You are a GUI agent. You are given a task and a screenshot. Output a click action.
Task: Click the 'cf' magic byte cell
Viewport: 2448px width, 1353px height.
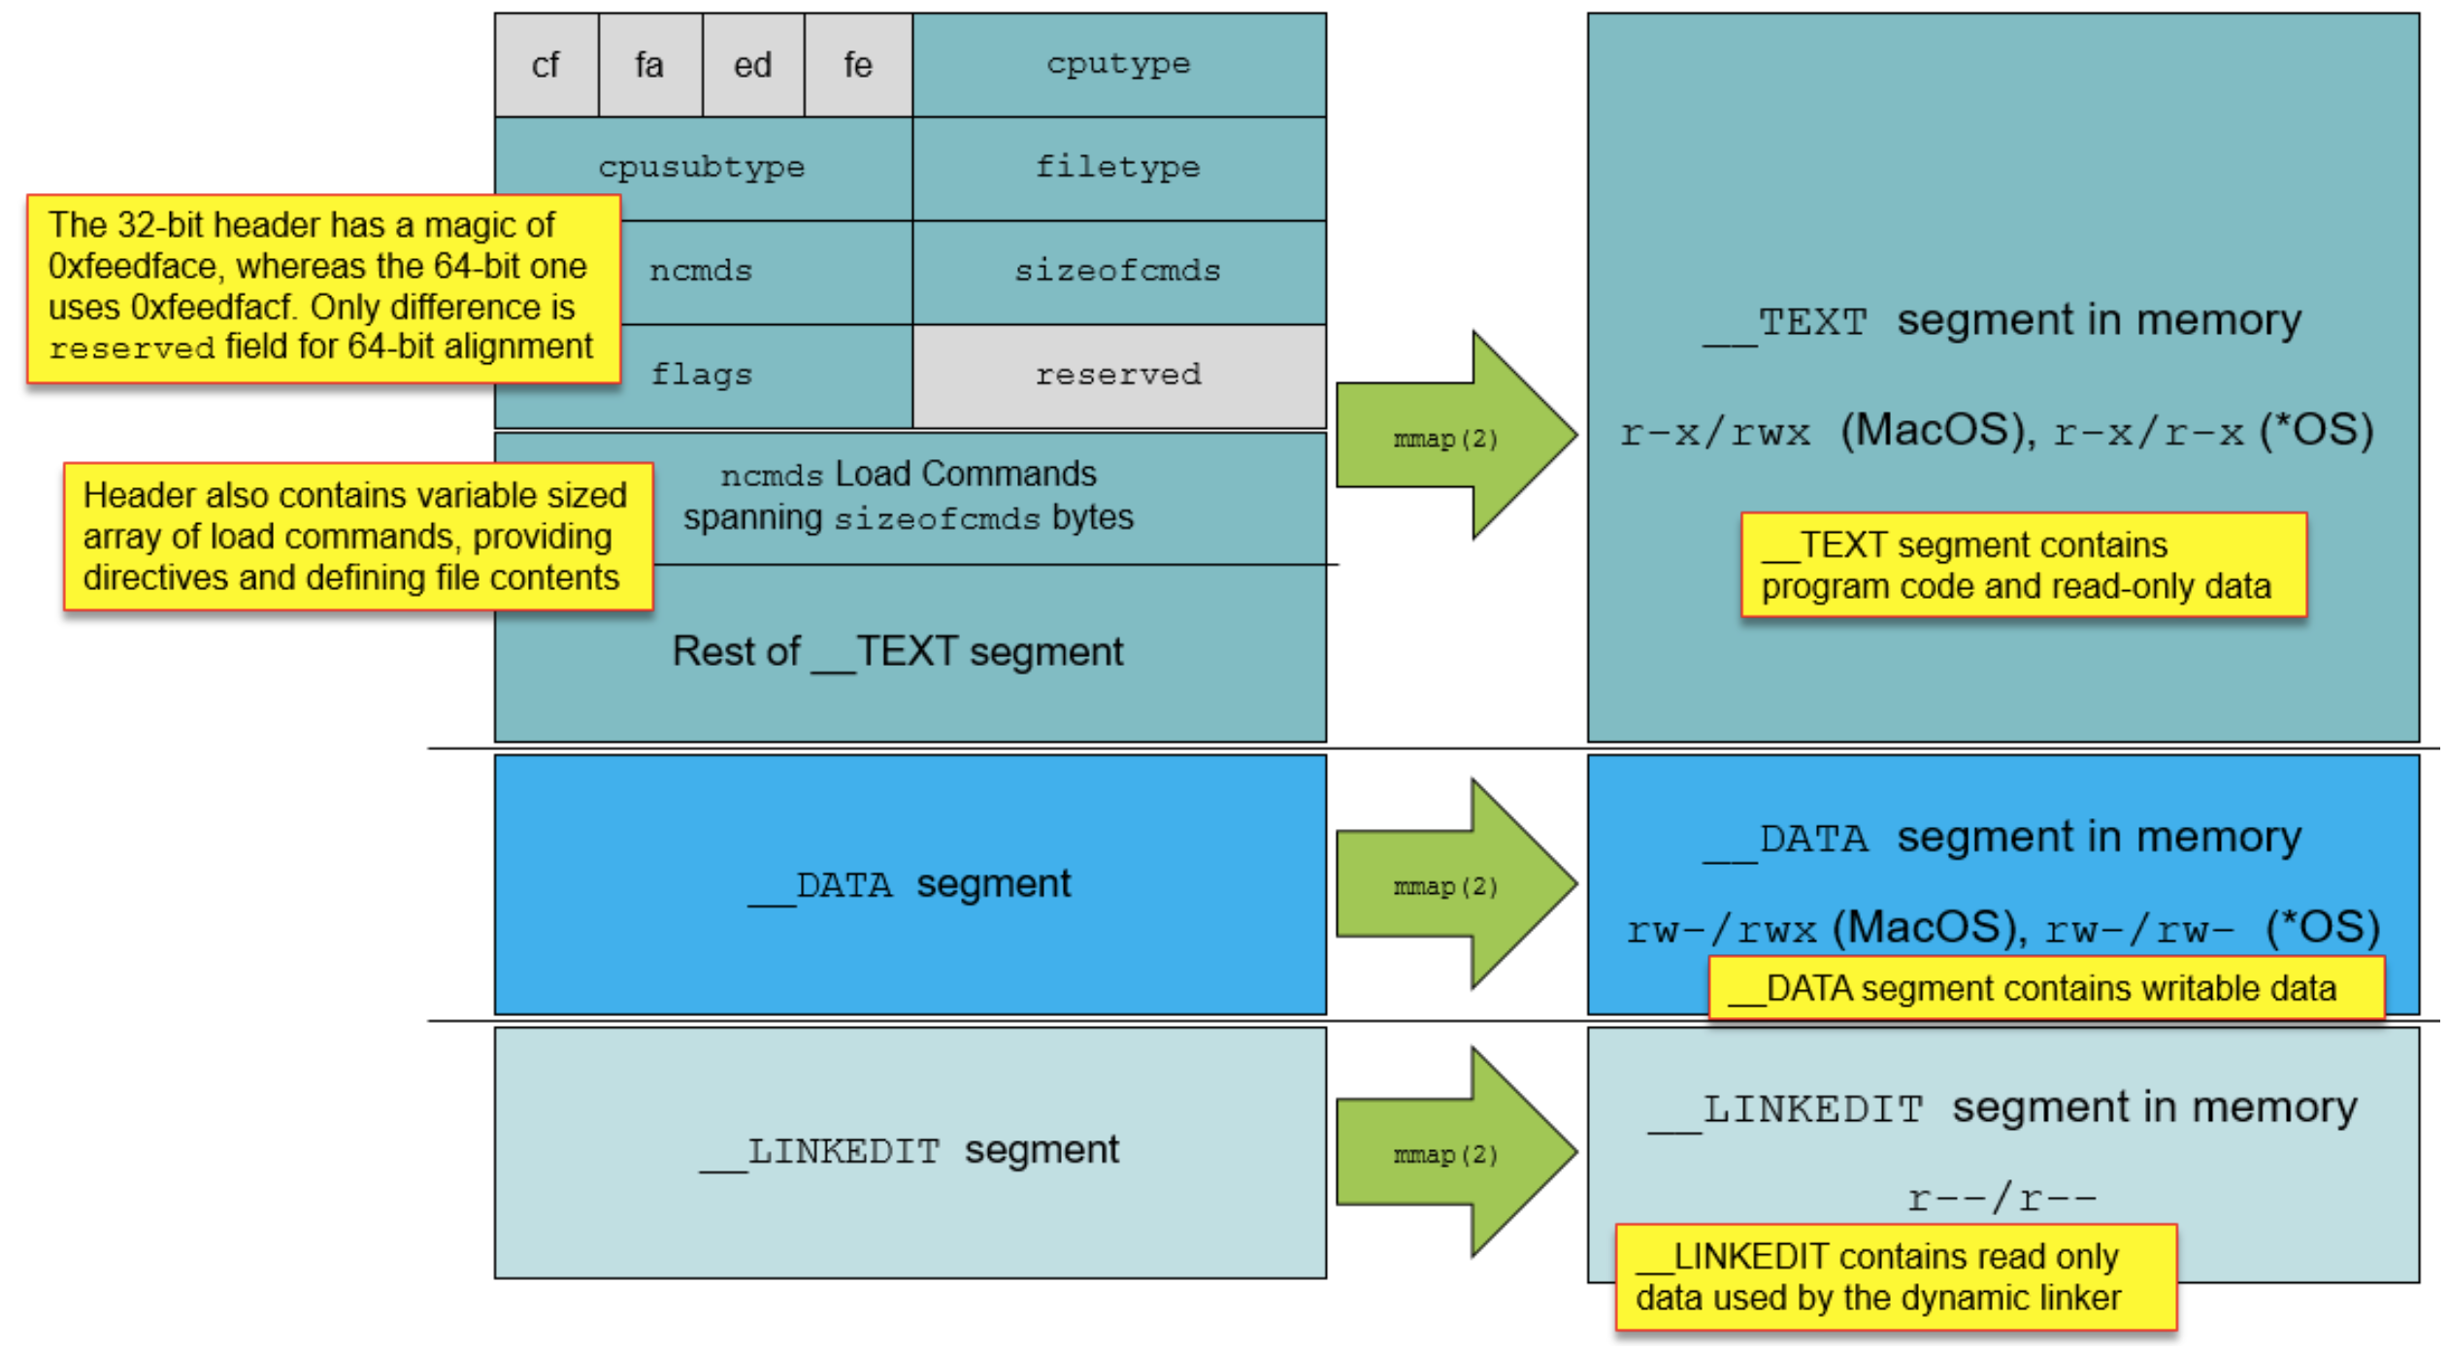(546, 65)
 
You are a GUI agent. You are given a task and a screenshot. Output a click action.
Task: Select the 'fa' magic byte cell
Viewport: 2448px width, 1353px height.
(649, 65)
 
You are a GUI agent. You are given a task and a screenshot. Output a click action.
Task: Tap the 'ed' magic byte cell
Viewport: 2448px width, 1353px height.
(752, 65)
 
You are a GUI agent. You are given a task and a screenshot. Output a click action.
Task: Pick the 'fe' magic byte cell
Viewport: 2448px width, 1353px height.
(857, 65)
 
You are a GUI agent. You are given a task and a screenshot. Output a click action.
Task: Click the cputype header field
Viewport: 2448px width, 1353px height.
(1118, 64)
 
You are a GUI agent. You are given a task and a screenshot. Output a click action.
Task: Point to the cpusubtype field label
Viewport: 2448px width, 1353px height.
(702, 167)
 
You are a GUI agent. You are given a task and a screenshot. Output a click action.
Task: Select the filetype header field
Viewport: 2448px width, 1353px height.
(1118, 167)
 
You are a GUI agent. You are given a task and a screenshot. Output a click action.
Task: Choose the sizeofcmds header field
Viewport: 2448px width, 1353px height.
(1118, 271)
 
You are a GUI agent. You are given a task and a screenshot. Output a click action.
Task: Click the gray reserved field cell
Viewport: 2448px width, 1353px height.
(1118, 375)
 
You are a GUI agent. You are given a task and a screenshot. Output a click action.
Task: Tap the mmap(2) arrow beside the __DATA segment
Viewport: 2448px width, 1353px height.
(1446, 885)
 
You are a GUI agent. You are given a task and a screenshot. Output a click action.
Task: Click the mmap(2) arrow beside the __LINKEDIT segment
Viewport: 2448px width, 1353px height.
(1446, 1153)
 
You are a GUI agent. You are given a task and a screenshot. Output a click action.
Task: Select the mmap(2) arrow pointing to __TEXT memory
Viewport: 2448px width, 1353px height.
(1446, 438)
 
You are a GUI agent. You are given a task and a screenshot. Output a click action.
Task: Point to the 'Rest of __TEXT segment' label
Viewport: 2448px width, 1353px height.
(898, 651)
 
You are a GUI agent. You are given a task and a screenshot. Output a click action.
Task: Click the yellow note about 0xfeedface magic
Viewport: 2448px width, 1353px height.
(322, 287)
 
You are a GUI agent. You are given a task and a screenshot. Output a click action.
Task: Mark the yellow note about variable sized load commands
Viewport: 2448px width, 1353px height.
(356, 536)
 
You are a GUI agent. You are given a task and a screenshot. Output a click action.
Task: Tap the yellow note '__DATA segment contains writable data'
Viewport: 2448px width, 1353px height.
(2045, 988)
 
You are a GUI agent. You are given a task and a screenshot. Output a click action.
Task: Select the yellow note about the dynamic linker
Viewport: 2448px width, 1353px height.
(1895, 1276)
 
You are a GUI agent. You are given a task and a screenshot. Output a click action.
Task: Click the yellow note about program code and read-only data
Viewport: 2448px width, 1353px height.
(2023, 565)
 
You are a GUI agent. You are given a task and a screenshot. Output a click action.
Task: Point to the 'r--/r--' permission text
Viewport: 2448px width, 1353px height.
(2001, 1199)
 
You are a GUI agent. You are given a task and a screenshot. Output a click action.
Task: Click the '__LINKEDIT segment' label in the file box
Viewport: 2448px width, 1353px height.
(910, 1151)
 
